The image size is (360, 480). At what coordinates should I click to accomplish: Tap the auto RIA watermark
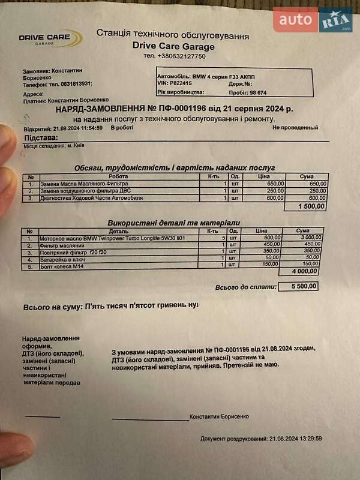tap(313, 21)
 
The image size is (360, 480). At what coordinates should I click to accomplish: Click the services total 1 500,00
tap(312, 206)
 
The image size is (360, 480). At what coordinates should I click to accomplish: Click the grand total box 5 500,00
tap(298, 286)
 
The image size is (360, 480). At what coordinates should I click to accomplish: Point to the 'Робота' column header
tap(118, 177)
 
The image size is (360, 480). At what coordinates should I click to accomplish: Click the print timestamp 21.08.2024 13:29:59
tap(296, 439)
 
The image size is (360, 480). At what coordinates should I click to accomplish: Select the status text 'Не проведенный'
tap(295, 127)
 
